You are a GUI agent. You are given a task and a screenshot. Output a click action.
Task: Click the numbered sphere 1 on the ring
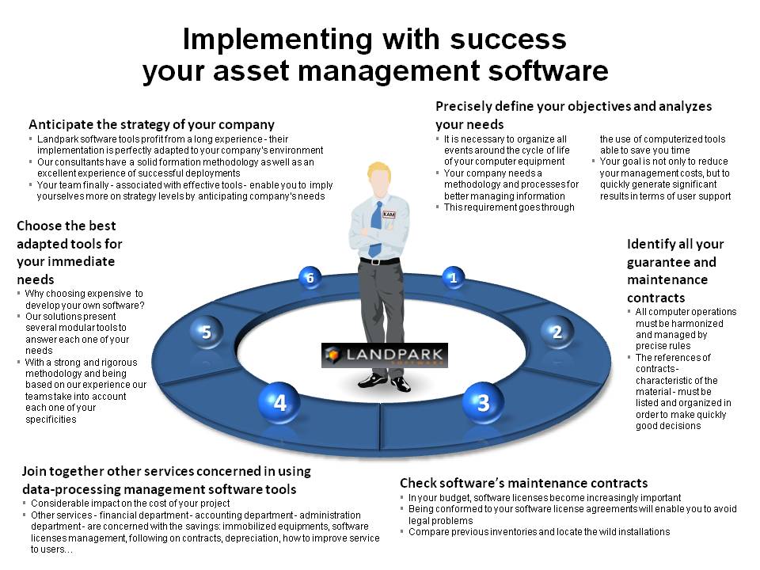pyautogui.click(x=453, y=278)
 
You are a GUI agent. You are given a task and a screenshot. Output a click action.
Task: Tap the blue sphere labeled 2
pyautogui.click(x=557, y=332)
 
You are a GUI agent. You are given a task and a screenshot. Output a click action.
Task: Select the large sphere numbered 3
pyautogui.click(x=483, y=402)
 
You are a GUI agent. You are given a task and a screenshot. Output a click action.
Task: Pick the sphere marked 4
pyautogui.click(x=279, y=402)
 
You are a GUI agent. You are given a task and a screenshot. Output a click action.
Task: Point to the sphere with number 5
pyautogui.click(x=207, y=332)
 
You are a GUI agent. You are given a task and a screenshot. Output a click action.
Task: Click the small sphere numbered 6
pyautogui.click(x=310, y=278)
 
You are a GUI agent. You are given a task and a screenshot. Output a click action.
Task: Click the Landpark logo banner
pyautogui.click(x=385, y=355)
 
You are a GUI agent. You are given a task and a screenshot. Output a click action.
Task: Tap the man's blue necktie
pyautogui.click(x=375, y=229)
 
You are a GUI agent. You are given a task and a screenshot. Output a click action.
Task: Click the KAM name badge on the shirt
pyautogui.click(x=389, y=215)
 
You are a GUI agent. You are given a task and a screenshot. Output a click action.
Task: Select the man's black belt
pyautogui.click(x=379, y=260)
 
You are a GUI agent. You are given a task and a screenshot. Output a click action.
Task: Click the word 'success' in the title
pyautogui.click(x=508, y=40)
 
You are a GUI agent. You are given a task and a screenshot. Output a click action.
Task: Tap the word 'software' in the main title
pyautogui.click(x=548, y=70)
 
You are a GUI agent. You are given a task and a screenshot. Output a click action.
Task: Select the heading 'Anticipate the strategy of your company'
pyautogui.click(x=152, y=124)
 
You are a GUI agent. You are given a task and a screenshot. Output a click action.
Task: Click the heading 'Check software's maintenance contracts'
pyautogui.click(x=524, y=483)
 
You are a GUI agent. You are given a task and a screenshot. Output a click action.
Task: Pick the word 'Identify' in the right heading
pyautogui.click(x=651, y=245)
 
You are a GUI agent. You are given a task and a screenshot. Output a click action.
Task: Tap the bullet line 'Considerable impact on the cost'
pyautogui.click(x=131, y=503)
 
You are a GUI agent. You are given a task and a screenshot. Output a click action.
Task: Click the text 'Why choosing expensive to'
pyautogui.click(x=85, y=294)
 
